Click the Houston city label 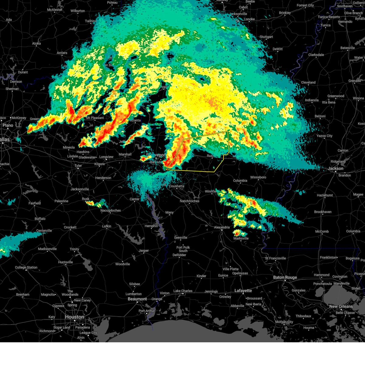[x=74, y=317]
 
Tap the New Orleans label [x=341, y=306]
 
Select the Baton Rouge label [x=285, y=277]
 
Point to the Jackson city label [x=335, y=168]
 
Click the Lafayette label [x=243, y=291]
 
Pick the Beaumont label [x=137, y=299]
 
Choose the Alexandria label [x=222, y=227]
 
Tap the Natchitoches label [x=189, y=201]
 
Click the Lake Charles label [x=183, y=291]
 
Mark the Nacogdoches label [x=111, y=210]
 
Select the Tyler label [x=78, y=166]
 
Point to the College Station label [x=26, y=268]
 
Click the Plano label [x=8, y=125]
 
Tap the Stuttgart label [x=266, y=37]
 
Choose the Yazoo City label [x=325, y=136]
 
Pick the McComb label [x=322, y=231]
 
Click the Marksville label [x=241, y=238]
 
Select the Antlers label [x=62, y=53]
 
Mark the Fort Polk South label [x=183, y=249]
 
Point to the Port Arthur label [x=147, y=311]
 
